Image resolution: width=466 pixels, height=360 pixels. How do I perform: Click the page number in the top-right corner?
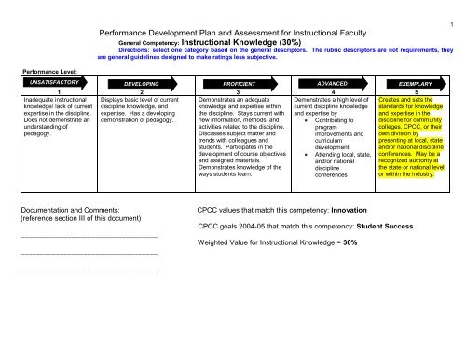(x=450, y=23)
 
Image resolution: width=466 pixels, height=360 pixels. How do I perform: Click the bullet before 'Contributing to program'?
(x=307, y=122)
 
